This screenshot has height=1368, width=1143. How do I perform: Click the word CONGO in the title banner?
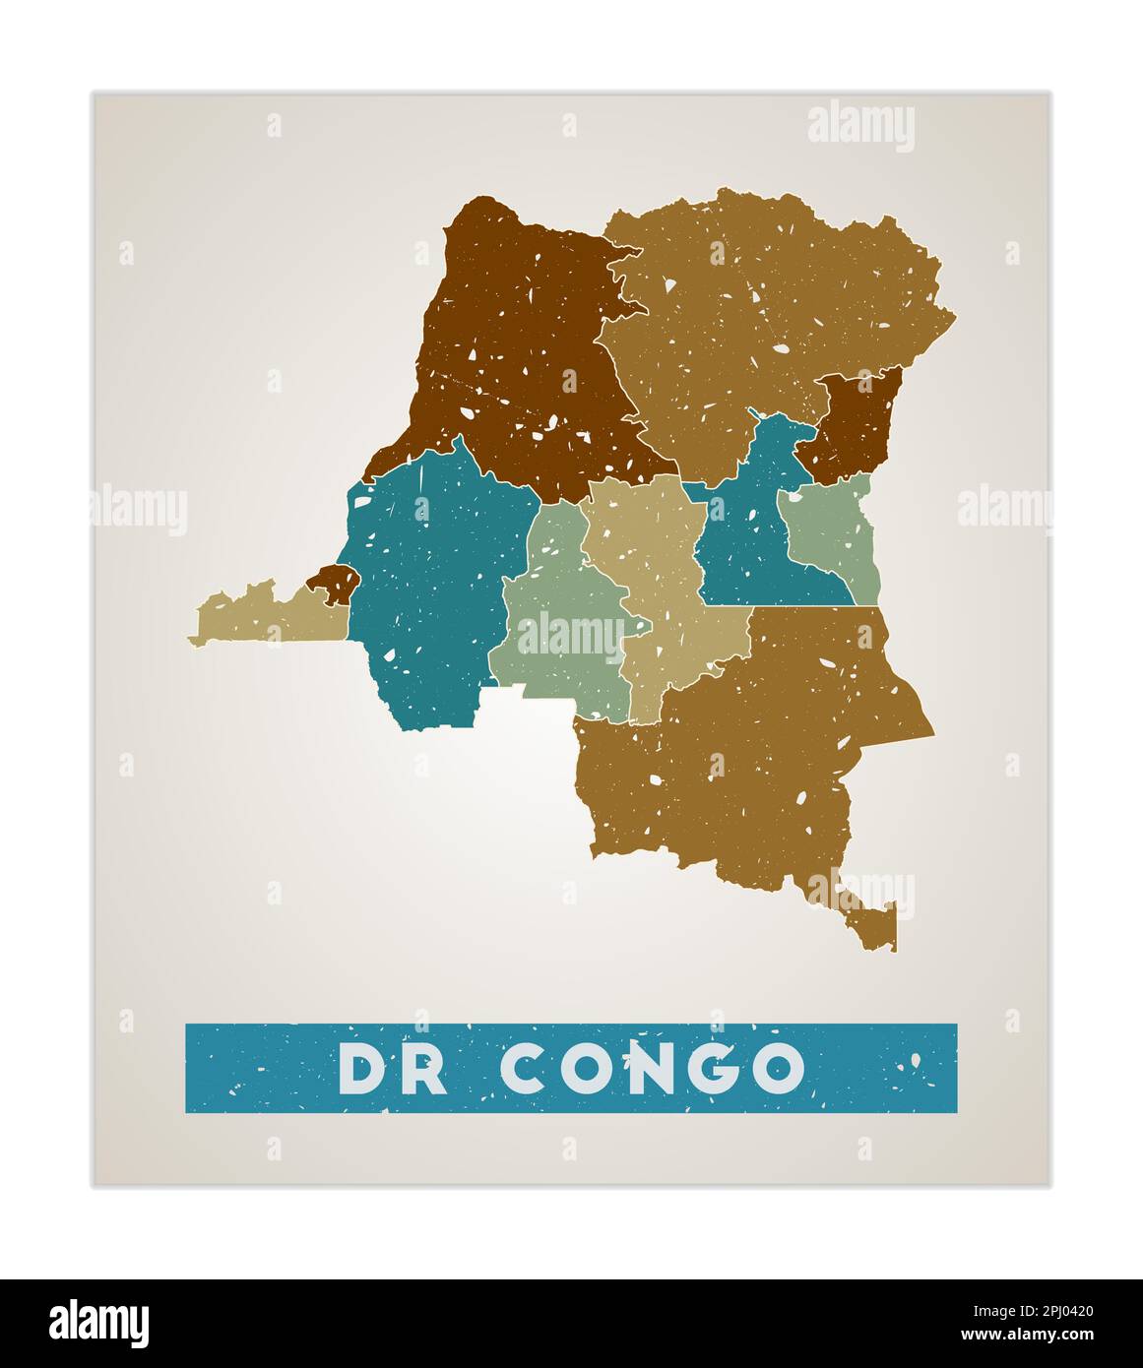point(652,1068)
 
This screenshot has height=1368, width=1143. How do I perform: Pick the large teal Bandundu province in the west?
point(433,591)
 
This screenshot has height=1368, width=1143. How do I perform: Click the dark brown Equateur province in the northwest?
point(522,344)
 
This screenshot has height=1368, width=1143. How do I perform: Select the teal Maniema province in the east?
point(748,531)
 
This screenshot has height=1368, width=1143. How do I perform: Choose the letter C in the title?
point(529,1068)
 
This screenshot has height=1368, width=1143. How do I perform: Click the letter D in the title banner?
point(363,1068)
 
